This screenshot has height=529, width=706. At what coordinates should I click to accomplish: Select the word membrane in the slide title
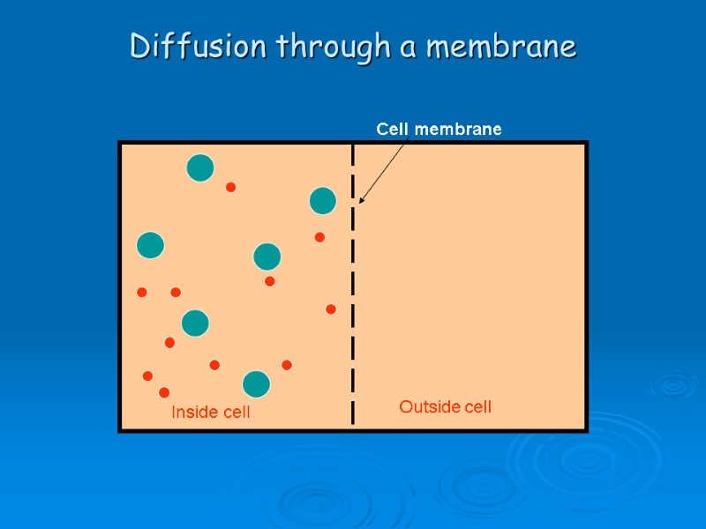[x=501, y=46]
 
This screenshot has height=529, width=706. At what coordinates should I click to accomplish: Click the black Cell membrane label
[x=439, y=130]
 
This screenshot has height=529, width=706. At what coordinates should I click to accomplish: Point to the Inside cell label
[x=210, y=412]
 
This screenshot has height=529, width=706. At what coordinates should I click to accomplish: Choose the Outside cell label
[x=445, y=407]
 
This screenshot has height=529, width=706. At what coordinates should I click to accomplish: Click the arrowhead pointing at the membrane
[x=361, y=201]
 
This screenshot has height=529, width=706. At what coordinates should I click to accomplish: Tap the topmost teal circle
[x=200, y=168]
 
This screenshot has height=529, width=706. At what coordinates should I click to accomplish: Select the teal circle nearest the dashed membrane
[x=323, y=201]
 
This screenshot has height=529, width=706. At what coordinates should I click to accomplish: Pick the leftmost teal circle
[x=151, y=244]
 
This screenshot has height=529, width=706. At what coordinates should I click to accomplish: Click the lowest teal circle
[x=256, y=384]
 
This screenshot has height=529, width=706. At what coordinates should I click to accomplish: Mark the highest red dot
[x=231, y=187]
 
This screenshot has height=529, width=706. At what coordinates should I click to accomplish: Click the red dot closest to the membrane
[x=331, y=309]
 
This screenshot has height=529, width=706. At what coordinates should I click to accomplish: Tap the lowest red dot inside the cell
[x=164, y=392]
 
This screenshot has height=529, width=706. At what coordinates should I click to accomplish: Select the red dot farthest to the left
[x=142, y=292]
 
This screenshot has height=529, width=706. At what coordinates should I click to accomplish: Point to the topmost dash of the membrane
[x=353, y=154]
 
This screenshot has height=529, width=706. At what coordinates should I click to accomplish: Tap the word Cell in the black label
[x=394, y=130]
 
